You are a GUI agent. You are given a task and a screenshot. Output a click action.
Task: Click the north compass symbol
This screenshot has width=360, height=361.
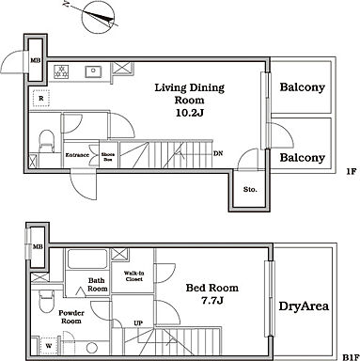point(98,17)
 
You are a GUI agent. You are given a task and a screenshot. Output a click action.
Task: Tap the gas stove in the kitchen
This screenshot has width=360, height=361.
point(61,71)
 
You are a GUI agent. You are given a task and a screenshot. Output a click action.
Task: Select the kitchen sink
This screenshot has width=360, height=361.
point(93,71)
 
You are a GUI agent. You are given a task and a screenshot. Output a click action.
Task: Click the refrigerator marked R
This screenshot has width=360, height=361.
point(41,98)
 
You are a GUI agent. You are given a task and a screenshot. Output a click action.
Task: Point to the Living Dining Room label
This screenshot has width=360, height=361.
point(190,94)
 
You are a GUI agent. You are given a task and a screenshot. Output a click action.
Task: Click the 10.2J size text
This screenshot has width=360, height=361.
point(190,113)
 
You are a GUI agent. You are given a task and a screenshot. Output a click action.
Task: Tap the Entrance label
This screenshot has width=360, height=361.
point(77,155)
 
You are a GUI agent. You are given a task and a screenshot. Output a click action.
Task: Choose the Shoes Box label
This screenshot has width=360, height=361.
point(108,157)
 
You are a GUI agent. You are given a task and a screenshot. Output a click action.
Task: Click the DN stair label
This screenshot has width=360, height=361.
point(218,153)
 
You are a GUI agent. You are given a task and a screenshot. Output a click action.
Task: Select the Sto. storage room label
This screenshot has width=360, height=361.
point(250,190)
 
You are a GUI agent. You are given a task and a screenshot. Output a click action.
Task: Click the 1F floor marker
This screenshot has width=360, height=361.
point(352,171)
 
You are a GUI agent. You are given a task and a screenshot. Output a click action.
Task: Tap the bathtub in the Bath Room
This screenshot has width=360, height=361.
point(87,259)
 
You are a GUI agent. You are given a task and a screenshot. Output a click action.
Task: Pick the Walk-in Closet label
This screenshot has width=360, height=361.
point(133,276)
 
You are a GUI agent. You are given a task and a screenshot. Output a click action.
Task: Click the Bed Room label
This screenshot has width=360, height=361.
point(212,288)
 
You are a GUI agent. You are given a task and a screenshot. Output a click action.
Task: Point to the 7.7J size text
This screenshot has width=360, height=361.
point(212,301)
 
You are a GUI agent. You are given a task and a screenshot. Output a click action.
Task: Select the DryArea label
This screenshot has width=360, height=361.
point(304,306)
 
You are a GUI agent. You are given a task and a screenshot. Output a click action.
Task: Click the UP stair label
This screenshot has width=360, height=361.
point(138,323)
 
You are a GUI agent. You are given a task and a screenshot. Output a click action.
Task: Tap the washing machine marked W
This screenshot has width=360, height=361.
point(49,346)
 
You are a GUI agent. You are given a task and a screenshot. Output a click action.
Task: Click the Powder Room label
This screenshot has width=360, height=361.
point(71,317)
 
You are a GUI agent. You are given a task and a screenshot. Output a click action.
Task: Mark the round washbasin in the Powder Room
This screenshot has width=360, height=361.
point(92,348)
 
